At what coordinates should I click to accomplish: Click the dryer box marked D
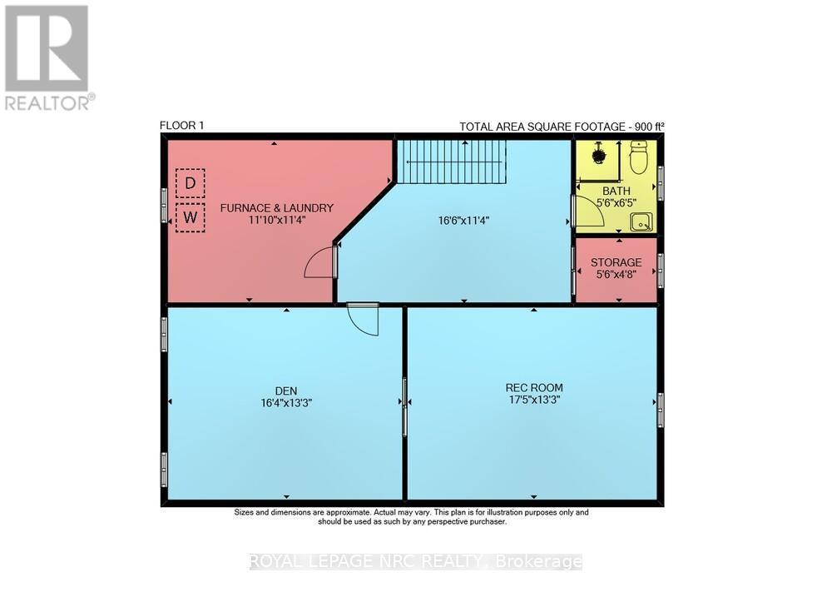pyautogui.click(x=191, y=182)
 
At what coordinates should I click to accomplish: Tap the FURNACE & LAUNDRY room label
pyautogui.click(x=276, y=207)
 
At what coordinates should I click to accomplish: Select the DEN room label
pyautogui.click(x=286, y=390)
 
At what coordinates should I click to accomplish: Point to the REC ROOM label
pyautogui.click(x=534, y=387)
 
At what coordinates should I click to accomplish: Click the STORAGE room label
pyautogui.click(x=616, y=262)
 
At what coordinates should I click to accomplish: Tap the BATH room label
pyautogui.click(x=616, y=191)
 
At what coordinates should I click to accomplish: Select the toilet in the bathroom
pyautogui.click(x=639, y=157)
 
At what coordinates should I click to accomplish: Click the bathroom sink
pyautogui.click(x=641, y=221)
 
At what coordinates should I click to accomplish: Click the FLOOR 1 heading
pyautogui.click(x=181, y=126)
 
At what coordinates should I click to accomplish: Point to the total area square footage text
pyautogui.click(x=562, y=127)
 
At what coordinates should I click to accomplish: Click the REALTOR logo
pyautogui.click(x=48, y=57)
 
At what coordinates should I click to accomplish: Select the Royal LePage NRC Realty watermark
pyautogui.click(x=416, y=562)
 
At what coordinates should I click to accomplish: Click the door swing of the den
pyautogui.click(x=363, y=318)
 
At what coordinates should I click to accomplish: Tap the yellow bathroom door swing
pyautogui.click(x=588, y=212)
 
